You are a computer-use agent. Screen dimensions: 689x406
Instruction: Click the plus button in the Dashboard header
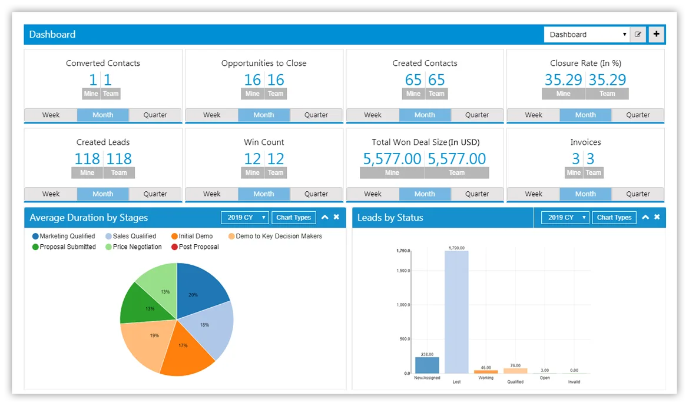[656, 34]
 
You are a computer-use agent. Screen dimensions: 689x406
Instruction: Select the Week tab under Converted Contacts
[51, 115]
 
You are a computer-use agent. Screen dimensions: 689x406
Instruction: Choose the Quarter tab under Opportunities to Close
[316, 115]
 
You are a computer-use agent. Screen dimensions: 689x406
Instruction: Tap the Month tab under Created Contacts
[425, 115]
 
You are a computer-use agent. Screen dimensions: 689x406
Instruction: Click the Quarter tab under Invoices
[638, 194]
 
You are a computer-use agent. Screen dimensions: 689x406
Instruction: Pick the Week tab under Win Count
[212, 194]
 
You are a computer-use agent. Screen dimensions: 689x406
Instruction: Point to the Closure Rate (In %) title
[585, 63]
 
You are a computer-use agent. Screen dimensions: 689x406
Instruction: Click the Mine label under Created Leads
[87, 172]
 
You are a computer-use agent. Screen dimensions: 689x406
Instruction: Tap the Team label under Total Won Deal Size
[456, 172]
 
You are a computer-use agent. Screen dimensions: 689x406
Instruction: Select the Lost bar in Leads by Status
[456, 312]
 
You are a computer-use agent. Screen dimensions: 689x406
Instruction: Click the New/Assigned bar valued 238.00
[427, 365]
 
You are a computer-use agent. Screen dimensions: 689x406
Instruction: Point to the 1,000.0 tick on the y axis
[403, 305]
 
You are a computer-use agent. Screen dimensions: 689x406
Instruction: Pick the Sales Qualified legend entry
[131, 236]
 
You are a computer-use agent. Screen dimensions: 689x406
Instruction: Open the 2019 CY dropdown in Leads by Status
[565, 217]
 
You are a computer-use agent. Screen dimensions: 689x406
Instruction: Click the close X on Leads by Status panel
[657, 217]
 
